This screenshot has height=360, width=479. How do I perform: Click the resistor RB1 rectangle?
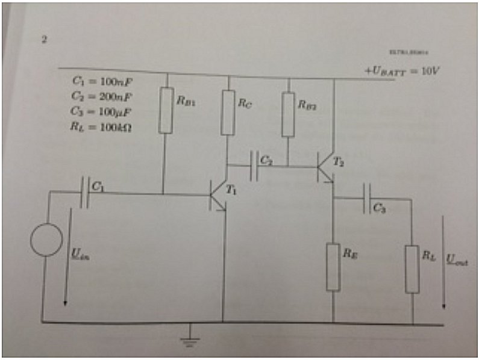pos(166,110)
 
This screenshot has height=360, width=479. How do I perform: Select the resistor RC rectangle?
pos(228,112)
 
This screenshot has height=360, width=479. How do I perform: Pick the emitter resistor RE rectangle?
pos(333,267)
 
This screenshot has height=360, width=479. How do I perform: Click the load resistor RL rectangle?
pos(412,268)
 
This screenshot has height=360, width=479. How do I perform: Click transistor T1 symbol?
pos(218,196)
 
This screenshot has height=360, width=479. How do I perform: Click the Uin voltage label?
pos(79,257)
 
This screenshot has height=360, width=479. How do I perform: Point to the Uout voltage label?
pos(457,261)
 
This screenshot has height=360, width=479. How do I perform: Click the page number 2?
pos(44,40)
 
